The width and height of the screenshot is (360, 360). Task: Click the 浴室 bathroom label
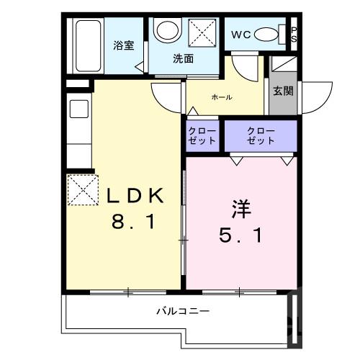tap(124, 46)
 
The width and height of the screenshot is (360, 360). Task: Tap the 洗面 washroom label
tap(183, 59)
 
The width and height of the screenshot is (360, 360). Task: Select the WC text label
tap(240, 34)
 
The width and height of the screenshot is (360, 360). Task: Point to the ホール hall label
tap(221, 97)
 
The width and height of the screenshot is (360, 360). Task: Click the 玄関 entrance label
tap(283, 91)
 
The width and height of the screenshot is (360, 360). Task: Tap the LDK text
tap(136, 196)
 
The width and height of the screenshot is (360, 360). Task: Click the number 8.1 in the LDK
tap(133, 222)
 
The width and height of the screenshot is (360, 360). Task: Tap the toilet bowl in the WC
tap(268, 35)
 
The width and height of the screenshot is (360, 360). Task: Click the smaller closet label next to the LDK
tap(201, 135)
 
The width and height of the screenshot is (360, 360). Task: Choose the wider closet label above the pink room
tap(260, 135)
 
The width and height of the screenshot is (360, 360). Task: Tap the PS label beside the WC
tap(293, 35)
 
